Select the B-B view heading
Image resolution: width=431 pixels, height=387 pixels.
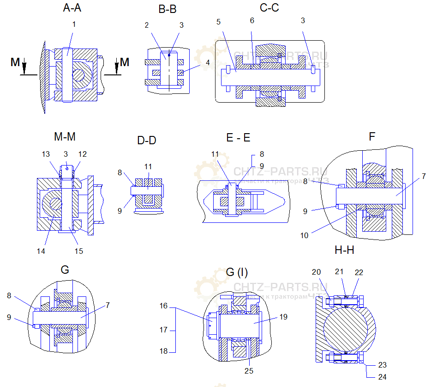point(167,9)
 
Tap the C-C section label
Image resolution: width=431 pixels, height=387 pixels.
point(269,8)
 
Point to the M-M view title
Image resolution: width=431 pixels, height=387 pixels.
point(65,137)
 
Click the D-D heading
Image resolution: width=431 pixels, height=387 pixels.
point(147,140)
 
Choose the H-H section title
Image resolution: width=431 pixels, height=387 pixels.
point(344,250)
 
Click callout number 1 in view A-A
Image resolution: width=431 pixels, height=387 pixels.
point(74,24)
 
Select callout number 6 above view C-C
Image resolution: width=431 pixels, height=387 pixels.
point(252,21)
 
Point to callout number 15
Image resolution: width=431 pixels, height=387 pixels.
point(79,251)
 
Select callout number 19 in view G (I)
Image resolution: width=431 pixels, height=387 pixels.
point(284,317)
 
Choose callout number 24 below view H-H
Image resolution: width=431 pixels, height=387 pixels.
point(382,377)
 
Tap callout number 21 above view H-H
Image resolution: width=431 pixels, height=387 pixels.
point(339,272)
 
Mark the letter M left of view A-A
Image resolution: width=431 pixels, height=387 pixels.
point(15,62)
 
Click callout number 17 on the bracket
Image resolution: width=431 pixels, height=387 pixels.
point(164,330)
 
